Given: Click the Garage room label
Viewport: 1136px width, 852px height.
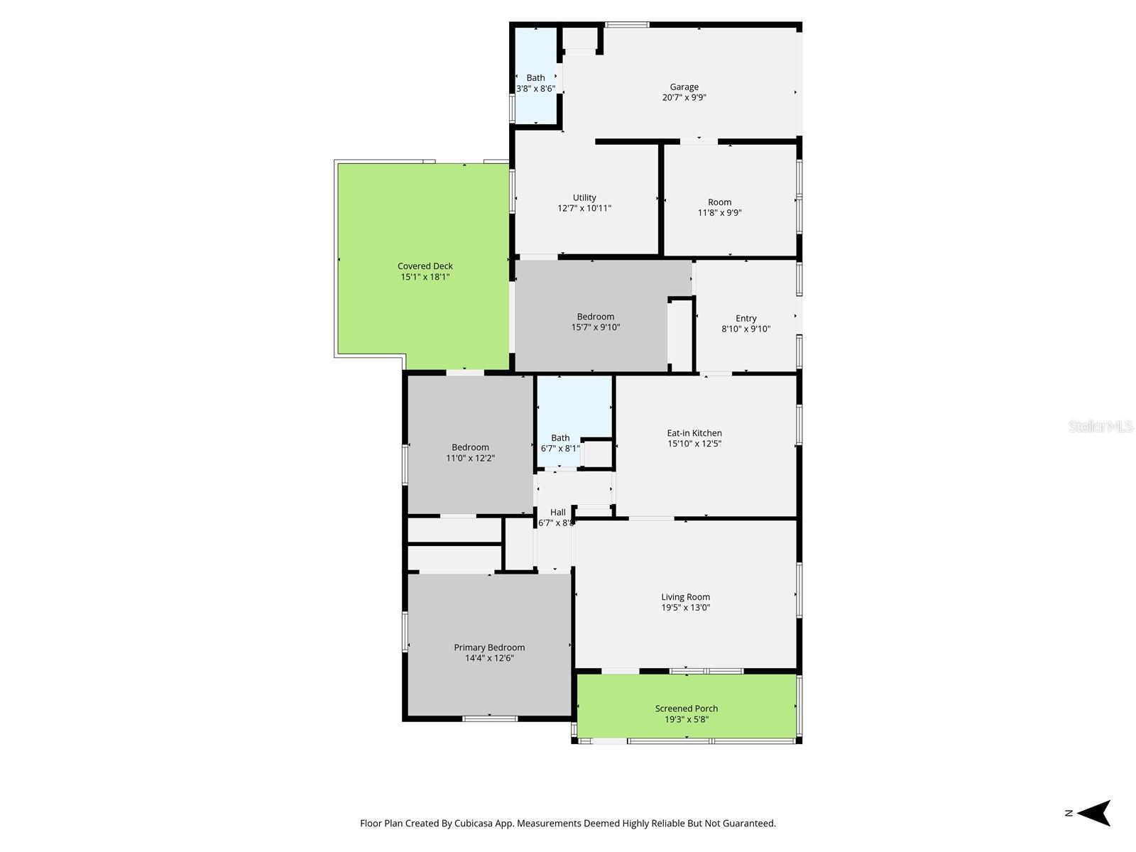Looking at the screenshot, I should [x=684, y=87].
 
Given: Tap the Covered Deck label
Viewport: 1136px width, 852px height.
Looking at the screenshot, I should [x=425, y=266].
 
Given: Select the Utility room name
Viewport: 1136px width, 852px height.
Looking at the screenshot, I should [x=584, y=198].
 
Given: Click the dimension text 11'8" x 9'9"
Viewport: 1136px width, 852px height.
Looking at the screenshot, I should [x=719, y=213].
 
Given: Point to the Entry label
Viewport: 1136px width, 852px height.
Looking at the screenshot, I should [x=745, y=318].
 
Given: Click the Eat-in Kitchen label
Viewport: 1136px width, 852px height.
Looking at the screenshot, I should [x=694, y=433].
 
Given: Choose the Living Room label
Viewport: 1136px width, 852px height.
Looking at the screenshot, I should [x=685, y=597].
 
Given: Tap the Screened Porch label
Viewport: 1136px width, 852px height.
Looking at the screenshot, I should [x=686, y=709].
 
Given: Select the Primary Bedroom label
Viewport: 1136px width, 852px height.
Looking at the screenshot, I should [x=489, y=648].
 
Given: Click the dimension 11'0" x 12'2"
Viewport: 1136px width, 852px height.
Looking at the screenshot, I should [x=470, y=459].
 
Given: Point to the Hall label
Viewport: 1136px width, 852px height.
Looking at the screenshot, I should [x=557, y=513].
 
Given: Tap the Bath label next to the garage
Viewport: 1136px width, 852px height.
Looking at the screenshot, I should [x=535, y=78].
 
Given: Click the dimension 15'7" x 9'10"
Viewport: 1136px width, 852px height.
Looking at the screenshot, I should [x=595, y=327].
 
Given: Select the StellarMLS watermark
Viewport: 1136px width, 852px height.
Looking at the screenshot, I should [x=1100, y=426].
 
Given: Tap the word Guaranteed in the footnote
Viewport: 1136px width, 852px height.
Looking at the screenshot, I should [x=750, y=824].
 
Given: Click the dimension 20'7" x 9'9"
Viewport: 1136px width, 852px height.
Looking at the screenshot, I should [x=684, y=98].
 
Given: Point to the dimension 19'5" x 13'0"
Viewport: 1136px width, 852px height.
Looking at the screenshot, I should [x=685, y=608].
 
